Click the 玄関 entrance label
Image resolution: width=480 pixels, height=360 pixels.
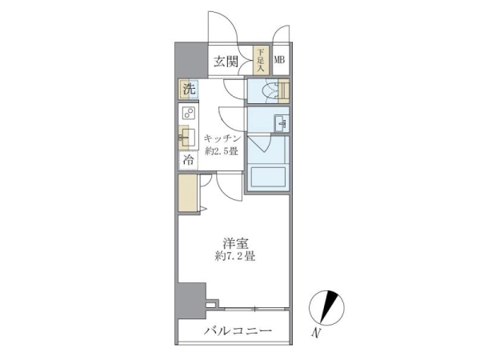(x=226, y=62)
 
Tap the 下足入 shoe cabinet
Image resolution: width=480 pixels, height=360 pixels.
(x=261, y=60)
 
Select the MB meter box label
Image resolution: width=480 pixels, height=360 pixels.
(x=279, y=60)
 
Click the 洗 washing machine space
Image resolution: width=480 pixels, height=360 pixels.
(x=189, y=89)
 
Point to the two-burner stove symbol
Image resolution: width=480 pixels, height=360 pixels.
(x=189, y=113)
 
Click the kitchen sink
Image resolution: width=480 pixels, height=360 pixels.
(x=187, y=138)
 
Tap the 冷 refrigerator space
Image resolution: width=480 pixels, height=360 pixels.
(x=188, y=161)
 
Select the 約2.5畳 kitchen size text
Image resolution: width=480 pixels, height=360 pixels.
(x=222, y=151)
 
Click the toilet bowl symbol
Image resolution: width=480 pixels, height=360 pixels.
(x=272, y=91)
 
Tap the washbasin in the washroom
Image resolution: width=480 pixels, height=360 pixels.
(x=280, y=123)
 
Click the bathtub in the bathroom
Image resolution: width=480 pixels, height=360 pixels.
(x=268, y=178)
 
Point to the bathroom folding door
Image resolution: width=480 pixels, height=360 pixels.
(x=259, y=143)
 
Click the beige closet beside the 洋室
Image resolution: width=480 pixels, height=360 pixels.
(x=188, y=193)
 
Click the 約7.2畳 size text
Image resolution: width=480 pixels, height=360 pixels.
(x=235, y=256)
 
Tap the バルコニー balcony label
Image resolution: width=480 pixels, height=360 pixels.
(x=238, y=331)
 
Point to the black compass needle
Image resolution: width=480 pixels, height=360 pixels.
(x=329, y=306)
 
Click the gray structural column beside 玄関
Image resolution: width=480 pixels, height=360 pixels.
(x=191, y=60)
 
